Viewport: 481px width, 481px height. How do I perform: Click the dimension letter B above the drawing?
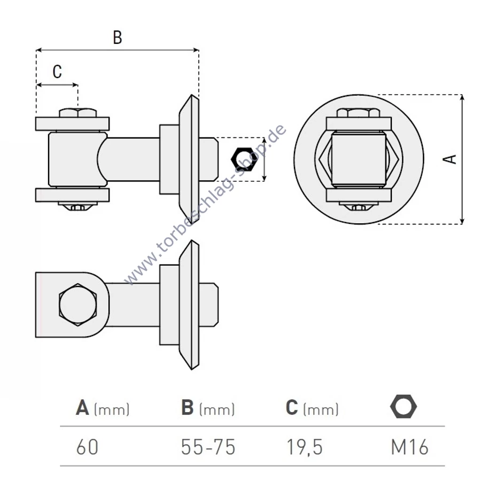coord(118,37)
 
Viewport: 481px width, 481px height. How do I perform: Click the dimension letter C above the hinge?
coord(57,72)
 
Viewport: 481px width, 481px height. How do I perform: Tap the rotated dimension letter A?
coord(449,159)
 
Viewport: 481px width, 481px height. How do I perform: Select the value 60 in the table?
coord(87,447)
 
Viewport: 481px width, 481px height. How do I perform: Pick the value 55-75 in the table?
coord(208,447)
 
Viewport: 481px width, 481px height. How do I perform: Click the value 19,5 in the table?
coord(304,447)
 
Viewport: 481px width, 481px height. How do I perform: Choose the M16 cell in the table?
coord(409,447)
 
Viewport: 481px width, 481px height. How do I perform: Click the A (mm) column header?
coord(103,408)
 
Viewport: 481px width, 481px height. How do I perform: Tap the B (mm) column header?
coord(208,408)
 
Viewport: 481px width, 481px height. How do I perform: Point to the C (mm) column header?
coord(312,408)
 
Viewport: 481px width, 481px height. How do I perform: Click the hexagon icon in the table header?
coord(404,406)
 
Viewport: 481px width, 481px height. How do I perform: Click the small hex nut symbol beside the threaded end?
coord(244,159)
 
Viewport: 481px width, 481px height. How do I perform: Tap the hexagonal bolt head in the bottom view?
coord(77,305)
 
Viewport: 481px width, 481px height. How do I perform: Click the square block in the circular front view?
coord(359,159)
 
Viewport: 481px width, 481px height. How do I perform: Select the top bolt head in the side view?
coord(78,113)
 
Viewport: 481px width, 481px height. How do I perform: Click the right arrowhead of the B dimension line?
coord(196,50)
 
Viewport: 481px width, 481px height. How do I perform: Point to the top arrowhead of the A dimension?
coord(462,98)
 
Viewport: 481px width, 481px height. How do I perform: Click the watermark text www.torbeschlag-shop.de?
coord(205,204)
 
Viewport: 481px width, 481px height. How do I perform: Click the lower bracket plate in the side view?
coord(72,195)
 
